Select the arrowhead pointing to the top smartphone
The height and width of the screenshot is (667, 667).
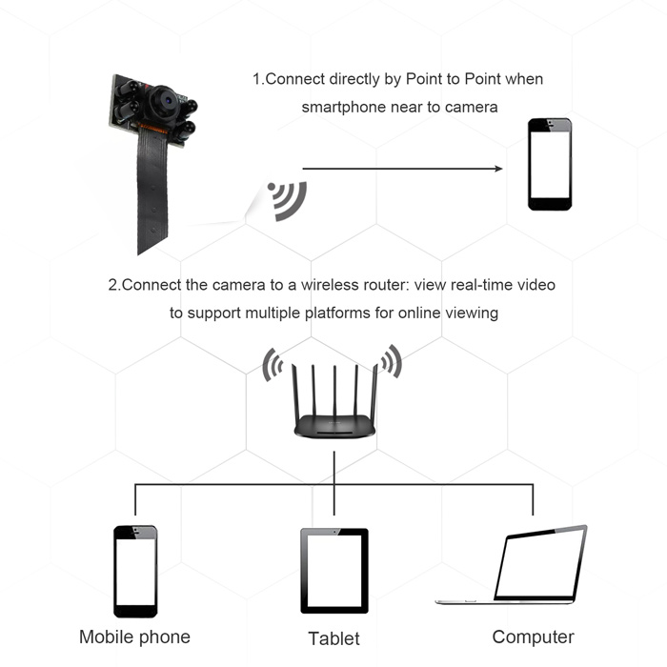click(x=497, y=169)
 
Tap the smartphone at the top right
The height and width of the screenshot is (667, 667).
click(x=551, y=164)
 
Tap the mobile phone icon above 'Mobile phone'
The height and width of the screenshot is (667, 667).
click(x=135, y=572)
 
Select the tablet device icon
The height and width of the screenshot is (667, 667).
click(x=334, y=571)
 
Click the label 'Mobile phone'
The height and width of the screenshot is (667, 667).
click(x=134, y=637)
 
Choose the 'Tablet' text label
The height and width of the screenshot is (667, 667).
click(x=334, y=638)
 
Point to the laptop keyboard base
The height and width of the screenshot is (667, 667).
click(x=505, y=602)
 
